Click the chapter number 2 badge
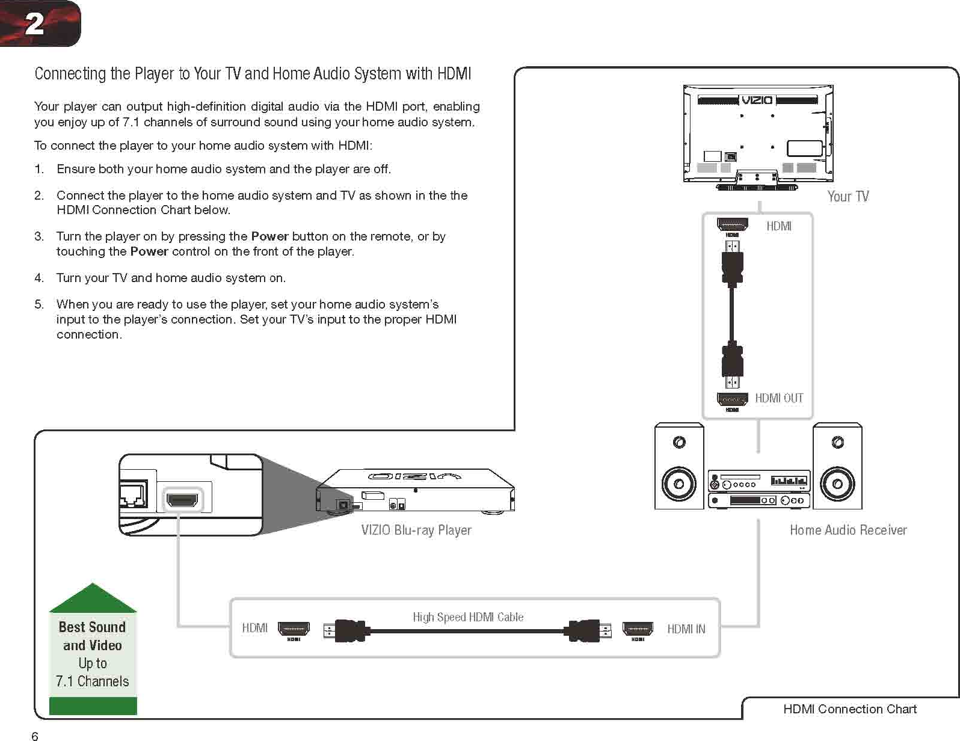[x=36, y=23]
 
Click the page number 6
[x=35, y=735]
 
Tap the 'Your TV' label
[x=848, y=197]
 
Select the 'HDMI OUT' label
[x=779, y=398]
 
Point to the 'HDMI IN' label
[x=686, y=629]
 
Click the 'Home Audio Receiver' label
[x=848, y=530]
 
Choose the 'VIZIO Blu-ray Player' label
[x=416, y=530]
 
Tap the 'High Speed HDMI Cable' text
[x=468, y=617]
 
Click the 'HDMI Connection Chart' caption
[x=849, y=709]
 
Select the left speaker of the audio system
[x=679, y=467]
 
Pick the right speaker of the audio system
[x=837, y=467]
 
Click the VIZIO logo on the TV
[x=757, y=100]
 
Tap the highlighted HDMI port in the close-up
[x=182, y=500]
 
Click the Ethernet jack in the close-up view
[x=132, y=496]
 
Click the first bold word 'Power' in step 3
[x=269, y=236]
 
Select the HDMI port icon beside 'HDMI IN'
[x=638, y=629]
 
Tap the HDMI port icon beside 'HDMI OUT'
[x=732, y=399]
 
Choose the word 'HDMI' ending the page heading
[x=454, y=74]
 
